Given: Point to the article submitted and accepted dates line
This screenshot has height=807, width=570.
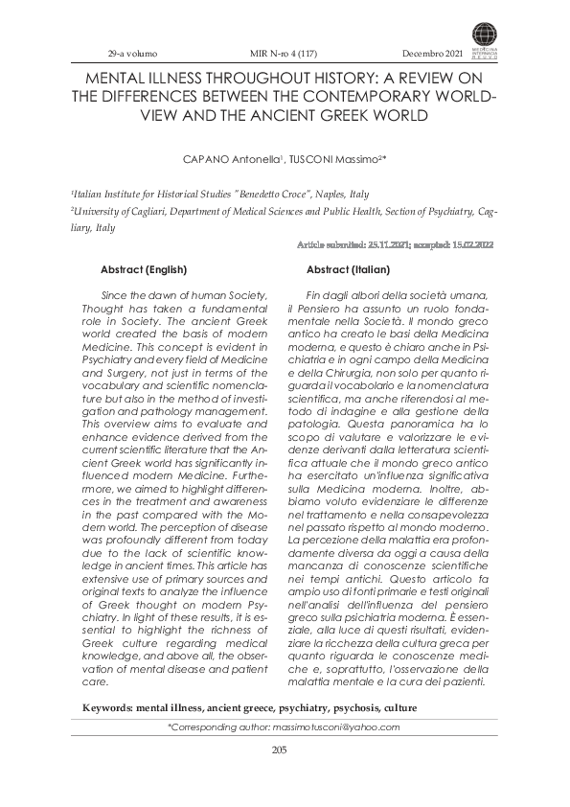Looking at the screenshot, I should tap(398, 246).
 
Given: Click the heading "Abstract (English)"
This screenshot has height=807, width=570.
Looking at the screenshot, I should tap(144, 270).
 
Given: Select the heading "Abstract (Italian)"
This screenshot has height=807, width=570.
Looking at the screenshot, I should tap(349, 270).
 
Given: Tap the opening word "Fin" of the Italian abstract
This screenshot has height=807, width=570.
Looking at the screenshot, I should tap(313, 293).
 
